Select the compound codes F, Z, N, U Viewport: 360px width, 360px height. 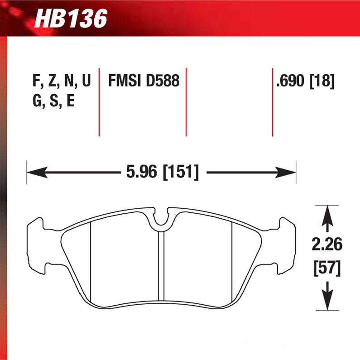point(62,82)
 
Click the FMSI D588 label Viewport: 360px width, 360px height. point(144,82)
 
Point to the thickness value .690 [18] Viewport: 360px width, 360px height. point(305,82)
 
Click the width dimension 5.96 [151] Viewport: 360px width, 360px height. point(161,173)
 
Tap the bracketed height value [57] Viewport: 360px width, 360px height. point(326,269)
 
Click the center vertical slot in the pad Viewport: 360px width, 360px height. point(161,267)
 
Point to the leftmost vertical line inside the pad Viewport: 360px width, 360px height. point(91,263)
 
